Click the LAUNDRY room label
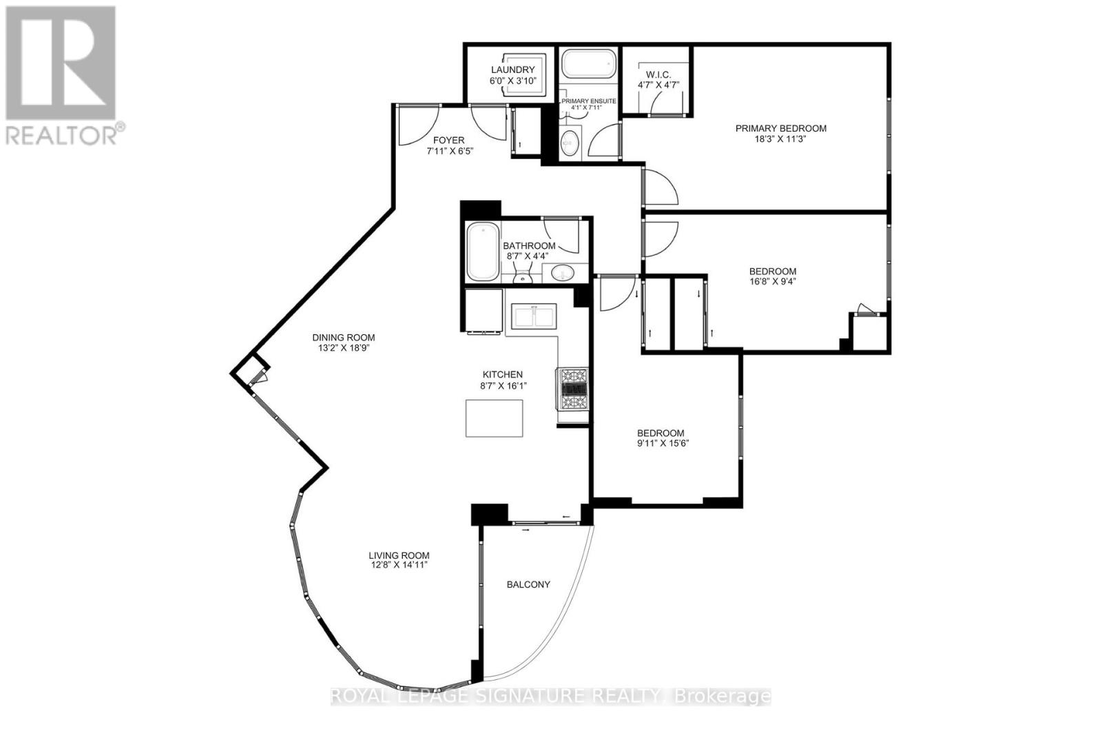click(512, 70)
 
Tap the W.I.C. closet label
click(658, 75)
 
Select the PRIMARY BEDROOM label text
click(781, 128)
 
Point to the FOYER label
click(448, 141)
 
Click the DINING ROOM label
click(344, 338)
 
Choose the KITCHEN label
click(502, 374)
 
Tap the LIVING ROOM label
click(399, 555)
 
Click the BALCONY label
click(528, 584)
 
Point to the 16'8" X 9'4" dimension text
click(772, 282)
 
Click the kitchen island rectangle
click(494, 418)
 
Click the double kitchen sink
click(534, 316)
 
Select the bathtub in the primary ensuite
click(589, 64)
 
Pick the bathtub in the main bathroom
click(483, 251)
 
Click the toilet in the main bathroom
click(523, 273)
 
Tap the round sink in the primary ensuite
click(570, 143)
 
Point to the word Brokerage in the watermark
click(722, 696)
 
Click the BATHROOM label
click(529, 245)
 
